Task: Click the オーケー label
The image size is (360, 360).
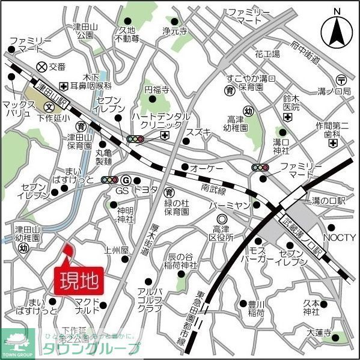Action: point(207,168)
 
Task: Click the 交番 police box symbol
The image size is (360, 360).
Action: point(41,67)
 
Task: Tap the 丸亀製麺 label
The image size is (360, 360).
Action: point(104,157)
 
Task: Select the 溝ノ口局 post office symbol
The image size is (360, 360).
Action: point(341,79)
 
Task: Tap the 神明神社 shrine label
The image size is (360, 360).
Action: point(125,215)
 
